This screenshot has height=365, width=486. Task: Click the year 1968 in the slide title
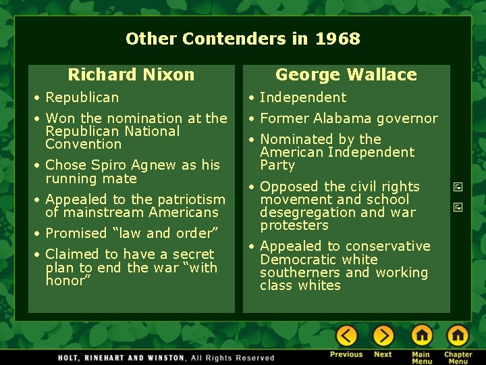coord(337,39)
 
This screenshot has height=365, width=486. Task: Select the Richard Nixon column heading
coord(131,74)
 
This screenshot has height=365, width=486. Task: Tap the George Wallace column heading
coord(346,74)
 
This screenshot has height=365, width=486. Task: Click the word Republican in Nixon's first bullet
coord(82,97)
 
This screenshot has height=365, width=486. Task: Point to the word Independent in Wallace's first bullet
coord(302,97)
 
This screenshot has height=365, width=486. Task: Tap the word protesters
coord(294,225)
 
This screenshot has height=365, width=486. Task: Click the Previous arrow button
coord(346,335)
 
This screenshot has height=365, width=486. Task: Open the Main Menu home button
coord(421,335)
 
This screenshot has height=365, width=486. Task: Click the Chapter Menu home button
coord(458,335)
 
